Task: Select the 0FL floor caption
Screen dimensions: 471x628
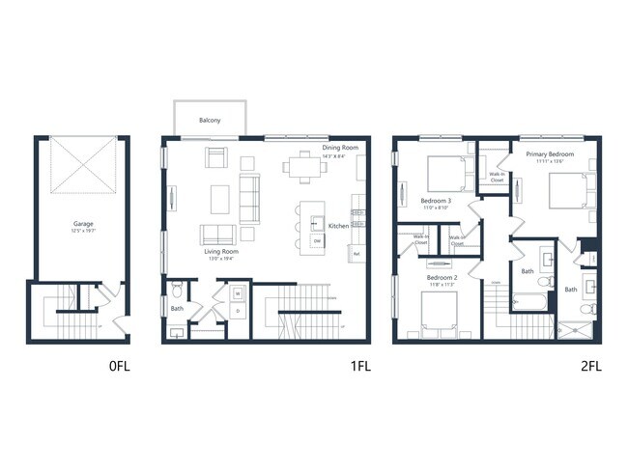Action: coord(118,367)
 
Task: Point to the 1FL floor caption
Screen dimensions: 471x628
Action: coord(359,367)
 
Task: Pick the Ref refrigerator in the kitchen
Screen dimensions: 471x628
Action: coord(357,254)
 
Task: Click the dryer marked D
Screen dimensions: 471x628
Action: coord(238,312)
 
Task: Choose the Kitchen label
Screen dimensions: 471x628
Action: coord(338,226)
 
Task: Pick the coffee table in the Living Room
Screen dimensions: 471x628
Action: coord(220,198)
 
